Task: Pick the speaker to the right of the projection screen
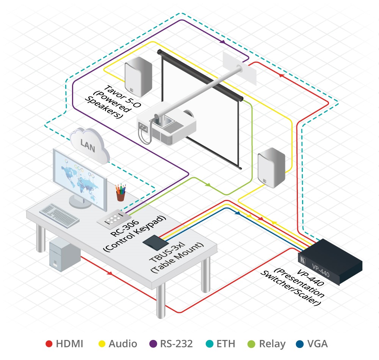click(271, 169)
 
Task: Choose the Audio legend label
click(123, 344)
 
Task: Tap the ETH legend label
click(227, 344)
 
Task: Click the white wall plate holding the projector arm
click(239, 68)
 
